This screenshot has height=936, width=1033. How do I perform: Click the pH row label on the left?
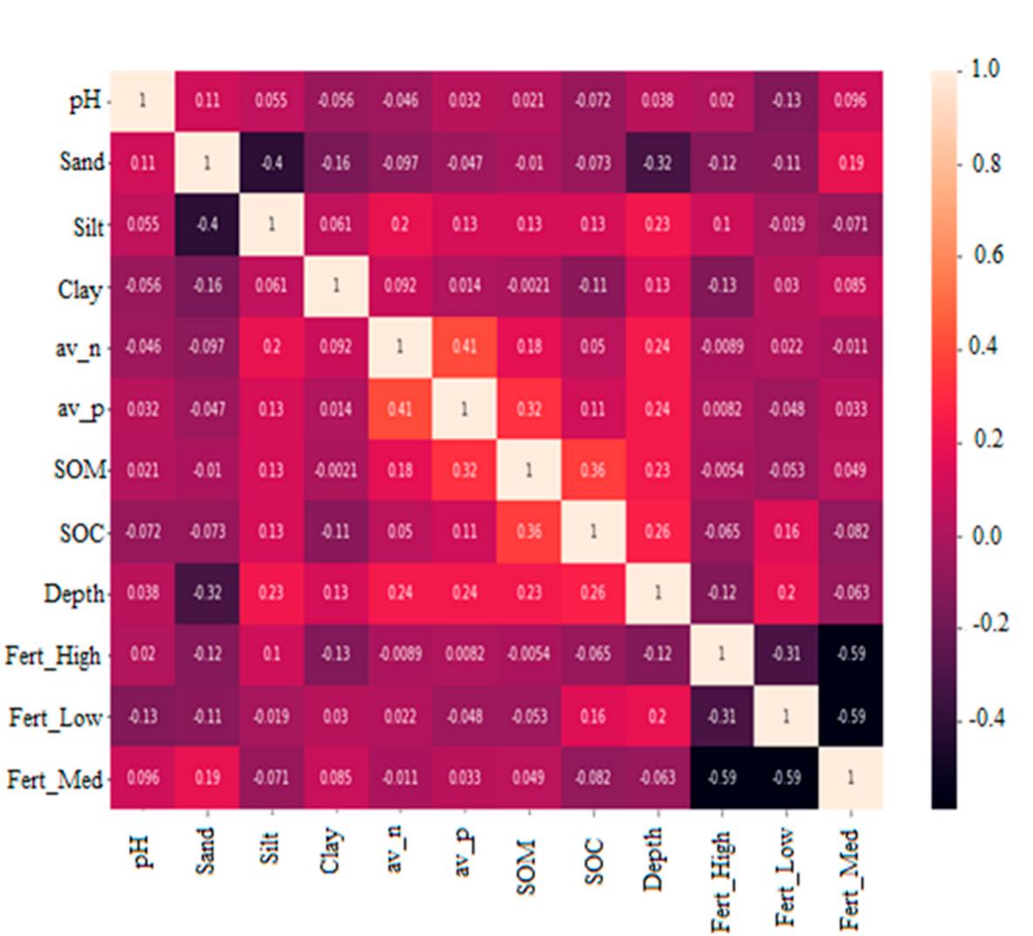[84, 101]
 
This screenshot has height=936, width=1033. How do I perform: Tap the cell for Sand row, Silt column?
[271, 163]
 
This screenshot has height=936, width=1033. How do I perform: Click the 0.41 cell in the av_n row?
[465, 347]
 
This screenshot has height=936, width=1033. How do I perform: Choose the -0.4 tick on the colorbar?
[988, 719]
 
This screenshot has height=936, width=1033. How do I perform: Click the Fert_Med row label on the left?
[54, 779]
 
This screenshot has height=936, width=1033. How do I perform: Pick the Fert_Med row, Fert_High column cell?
[722, 777]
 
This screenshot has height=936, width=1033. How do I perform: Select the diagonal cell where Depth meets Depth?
[657, 593]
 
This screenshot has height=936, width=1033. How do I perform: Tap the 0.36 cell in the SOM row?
[593, 471]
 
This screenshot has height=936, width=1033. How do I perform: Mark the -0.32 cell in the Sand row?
[657, 163]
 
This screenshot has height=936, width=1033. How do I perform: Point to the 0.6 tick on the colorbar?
[987, 255]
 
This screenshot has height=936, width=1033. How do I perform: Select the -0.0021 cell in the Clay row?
[528, 286]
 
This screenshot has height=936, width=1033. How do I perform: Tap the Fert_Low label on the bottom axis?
[785, 877]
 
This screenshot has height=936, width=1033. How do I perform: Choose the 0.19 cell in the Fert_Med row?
[207, 777]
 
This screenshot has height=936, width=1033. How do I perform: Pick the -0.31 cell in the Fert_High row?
[786, 654]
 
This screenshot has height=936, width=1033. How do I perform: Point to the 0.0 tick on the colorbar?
[987, 535]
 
